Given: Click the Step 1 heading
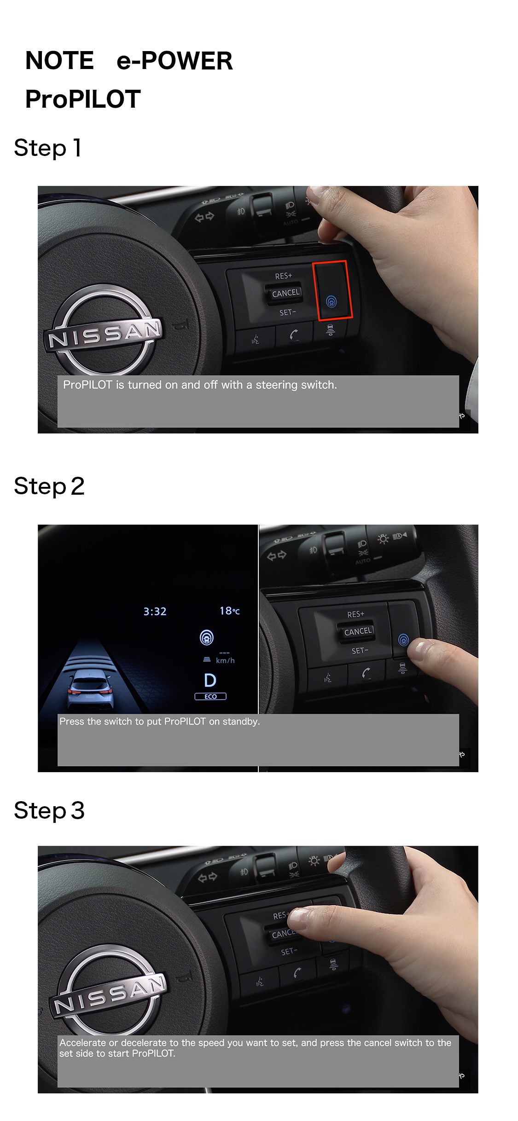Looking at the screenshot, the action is pyautogui.click(x=48, y=148).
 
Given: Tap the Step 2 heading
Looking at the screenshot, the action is pyautogui.click(x=49, y=486).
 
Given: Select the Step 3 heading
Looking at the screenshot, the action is pyautogui.click(x=49, y=810).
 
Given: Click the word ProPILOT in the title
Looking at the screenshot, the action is pyautogui.click(x=83, y=99).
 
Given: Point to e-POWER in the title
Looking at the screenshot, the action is pyautogui.click(x=175, y=61).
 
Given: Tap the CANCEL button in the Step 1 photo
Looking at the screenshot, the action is pyautogui.click(x=285, y=293).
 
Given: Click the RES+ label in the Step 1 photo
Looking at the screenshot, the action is pyautogui.click(x=283, y=276).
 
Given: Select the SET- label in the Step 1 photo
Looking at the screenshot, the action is pyautogui.click(x=287, y=312).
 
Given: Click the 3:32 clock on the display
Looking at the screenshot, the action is pyautogui.click(x=155, y=611).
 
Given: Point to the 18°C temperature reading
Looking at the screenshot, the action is pyautogui.click(x=230, y=611).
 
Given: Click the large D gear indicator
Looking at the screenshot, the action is pyautogui.click(x=210, y=680).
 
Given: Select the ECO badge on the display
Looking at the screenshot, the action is pyautogui.click(x=210, y=696).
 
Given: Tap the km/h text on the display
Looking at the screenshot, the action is pyautogui.click(x=225, y=660).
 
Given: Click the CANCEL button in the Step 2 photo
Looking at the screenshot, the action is pyautogui.click(x=358, y=631).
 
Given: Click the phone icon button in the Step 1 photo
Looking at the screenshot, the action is pyautogui.click(x=294, y=335).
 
